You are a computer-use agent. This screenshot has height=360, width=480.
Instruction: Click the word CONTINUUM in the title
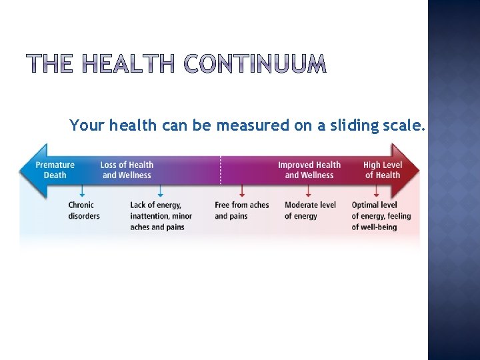click(x=255, y=64)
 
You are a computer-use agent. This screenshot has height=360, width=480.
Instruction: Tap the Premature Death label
click(x=55, y=170)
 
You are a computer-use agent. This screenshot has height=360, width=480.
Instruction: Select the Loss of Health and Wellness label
click(x=127, y=170)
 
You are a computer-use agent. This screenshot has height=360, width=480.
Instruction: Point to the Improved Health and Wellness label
click(x=309, y=170)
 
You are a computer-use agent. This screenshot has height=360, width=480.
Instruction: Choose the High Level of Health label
click(x=383, y=170)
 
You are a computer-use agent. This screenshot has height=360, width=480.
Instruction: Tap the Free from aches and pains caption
click(x=241, y=210)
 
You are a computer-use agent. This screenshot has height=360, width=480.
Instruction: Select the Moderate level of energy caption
click(x=310, y=210)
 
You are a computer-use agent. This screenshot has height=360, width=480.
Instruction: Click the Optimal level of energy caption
click(x=381, y=216)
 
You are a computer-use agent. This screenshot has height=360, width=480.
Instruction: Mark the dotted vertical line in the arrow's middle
click(x=221, y=170)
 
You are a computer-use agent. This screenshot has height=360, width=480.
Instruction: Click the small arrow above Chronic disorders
click(x=82, y=191)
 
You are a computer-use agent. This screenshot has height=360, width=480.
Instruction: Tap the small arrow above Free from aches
click(x=242, y=191)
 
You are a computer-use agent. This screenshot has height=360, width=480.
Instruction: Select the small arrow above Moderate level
click(x=307, y=191)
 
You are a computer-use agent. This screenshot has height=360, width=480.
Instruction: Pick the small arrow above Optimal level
click(x=376, y=191)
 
